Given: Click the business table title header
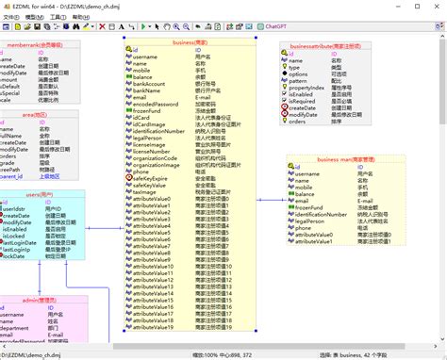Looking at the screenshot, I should tap(189, 42).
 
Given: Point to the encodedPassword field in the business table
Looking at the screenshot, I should tap(157, 104).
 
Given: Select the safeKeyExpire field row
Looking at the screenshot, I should tap(154, 178).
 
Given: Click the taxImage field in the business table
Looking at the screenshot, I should tap(147, 191).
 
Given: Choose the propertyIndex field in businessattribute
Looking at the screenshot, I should tap(316, 88).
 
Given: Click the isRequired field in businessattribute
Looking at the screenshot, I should tap(311, 101).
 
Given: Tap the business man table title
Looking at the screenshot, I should tap(346, 160).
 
